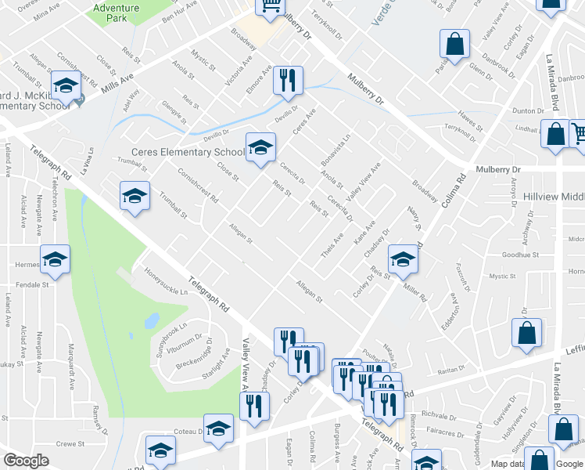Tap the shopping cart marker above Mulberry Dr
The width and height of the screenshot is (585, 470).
pos(271,6)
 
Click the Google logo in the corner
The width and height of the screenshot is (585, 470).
pos(26,461)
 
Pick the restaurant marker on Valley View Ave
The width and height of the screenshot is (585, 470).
pos(254,406)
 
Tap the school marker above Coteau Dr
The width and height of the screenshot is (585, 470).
pos(219,428)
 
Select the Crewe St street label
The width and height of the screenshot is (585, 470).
pos(70,443)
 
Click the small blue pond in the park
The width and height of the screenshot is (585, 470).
pos(152,321)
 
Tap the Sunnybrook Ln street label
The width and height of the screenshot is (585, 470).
pos(172,333)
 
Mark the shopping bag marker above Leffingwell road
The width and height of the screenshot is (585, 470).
pos(527,332)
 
